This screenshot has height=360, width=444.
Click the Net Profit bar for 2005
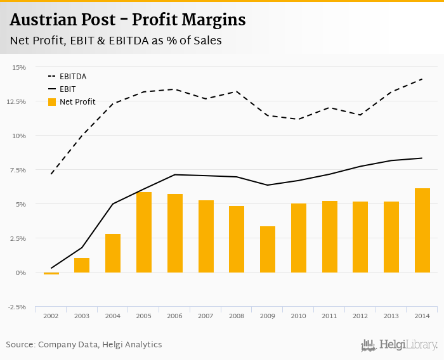pos(144,232)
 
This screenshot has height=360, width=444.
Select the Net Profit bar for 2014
pos(422,230)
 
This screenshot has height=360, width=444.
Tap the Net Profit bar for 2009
pos(268,249)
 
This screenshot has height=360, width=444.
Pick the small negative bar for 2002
pos(51,274)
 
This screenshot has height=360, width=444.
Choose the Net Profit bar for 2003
pos(82,265)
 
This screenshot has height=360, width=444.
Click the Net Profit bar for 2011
pos(330,236)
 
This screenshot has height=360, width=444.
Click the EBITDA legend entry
pos(73,77)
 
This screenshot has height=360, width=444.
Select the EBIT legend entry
pos(68,89)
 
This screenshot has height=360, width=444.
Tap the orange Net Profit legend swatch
pos(51,102)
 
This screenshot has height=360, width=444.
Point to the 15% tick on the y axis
pos(19,67)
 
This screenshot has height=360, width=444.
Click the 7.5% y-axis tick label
pos(18,170)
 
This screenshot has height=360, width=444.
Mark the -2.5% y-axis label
pos(16,307)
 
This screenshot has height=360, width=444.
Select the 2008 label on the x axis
pos(237,316)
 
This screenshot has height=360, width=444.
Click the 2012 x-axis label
pos(360,316)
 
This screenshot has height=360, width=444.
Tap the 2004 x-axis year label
pos(113,316)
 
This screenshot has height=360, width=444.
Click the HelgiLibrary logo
pos(400,345)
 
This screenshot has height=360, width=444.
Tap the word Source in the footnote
pos(20,345)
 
